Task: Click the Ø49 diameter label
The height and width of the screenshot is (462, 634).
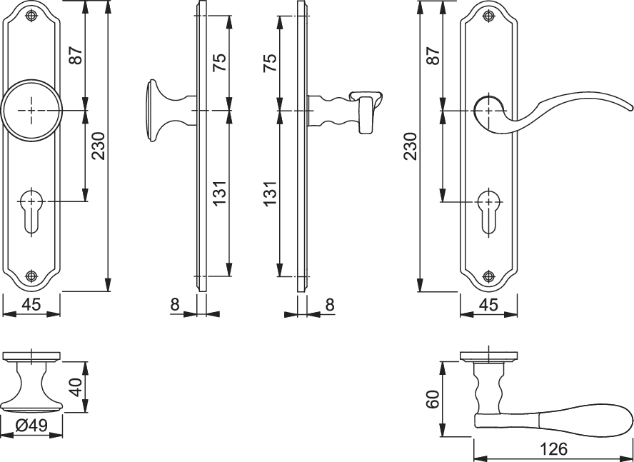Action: [31, 425]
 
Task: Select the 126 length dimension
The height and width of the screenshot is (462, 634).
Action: [553, 448]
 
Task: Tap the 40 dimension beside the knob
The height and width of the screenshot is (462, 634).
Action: [77, 387]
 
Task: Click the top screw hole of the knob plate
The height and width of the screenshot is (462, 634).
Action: [31, 16]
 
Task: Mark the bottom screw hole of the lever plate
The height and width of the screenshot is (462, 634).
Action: [489, 277]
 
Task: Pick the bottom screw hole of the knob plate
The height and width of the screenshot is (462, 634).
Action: [31, 276]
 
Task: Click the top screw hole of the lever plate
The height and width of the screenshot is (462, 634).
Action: [489, 16]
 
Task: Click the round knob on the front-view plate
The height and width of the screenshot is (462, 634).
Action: [31, 110]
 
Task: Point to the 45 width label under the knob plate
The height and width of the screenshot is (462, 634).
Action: [31, 305]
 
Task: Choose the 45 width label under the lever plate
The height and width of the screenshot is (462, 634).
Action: [488, 305]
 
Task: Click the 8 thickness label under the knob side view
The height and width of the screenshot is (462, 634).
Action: [174, 305]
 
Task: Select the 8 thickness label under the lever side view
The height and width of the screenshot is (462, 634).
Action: [330, 305]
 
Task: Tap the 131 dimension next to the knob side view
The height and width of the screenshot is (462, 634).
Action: [220, 192]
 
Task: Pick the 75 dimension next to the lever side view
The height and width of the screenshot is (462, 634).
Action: [270, 63]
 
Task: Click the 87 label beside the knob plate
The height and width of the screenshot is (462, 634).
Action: [77, 55]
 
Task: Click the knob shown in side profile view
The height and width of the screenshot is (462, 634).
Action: [170, 110]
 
